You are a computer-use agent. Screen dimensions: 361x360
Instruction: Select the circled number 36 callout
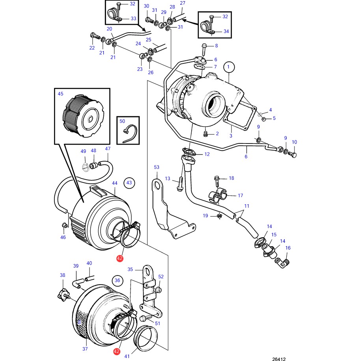point(117,280)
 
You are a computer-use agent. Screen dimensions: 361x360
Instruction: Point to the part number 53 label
point(157,167)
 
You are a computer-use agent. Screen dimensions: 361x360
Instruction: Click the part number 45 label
point(60,94)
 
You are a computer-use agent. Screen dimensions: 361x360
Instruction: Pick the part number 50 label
point(122,122)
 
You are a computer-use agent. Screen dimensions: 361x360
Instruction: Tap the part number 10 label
point(294,142)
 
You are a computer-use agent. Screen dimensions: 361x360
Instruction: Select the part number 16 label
point(288,248)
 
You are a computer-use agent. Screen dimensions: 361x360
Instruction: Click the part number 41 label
point(127,356)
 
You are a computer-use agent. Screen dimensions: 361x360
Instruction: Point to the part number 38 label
point(62,275)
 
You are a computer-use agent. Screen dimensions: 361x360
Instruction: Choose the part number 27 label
point(182,3)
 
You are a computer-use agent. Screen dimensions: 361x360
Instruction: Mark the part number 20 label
point(110,29)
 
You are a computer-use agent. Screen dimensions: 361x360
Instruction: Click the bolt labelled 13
point(180,184)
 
